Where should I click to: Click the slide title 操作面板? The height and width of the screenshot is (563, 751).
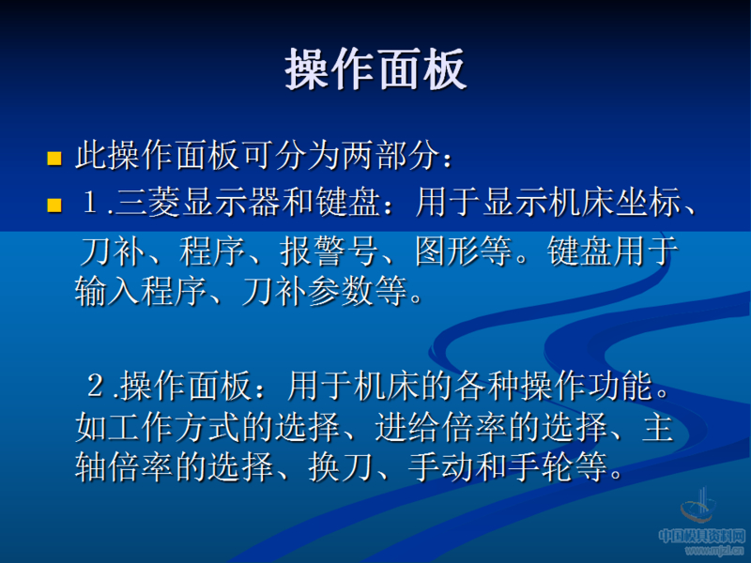pos(375,69)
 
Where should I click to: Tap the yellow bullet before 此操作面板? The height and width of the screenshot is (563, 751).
pos(54,157)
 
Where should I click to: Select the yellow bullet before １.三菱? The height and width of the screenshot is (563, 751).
pos(54,204)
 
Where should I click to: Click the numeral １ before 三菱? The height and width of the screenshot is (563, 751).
pos(92,203)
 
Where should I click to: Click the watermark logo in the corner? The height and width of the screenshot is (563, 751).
pos(700,511)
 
